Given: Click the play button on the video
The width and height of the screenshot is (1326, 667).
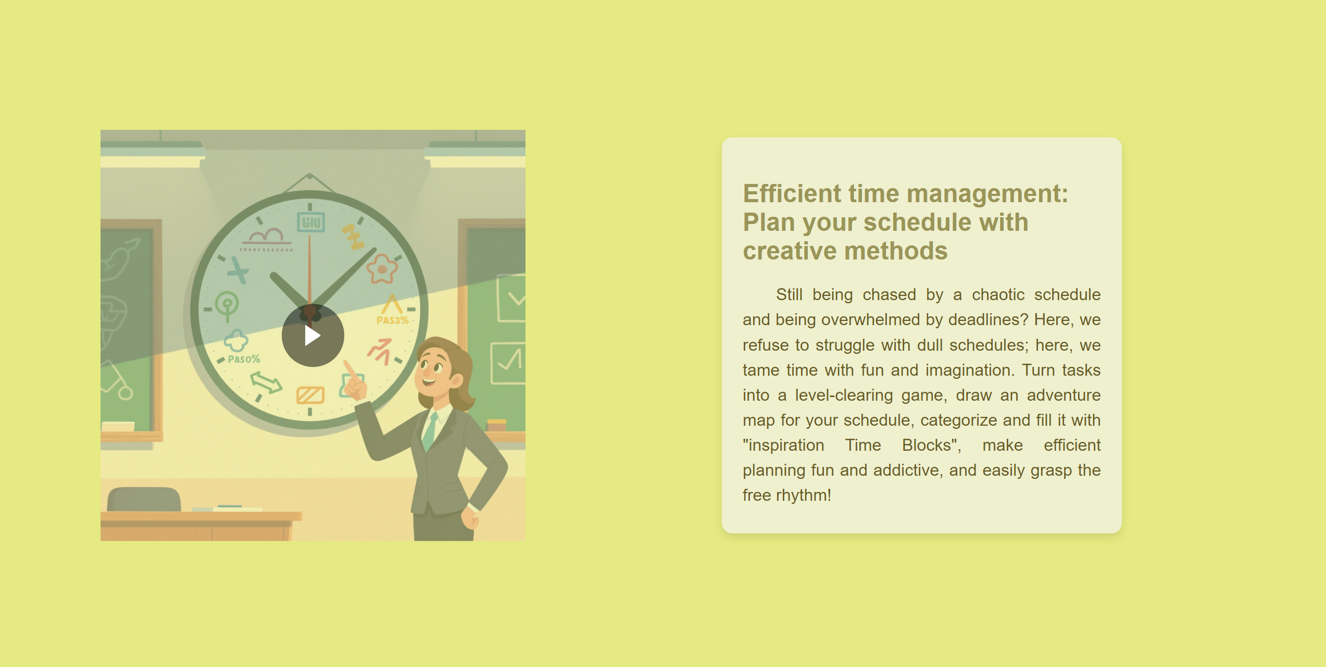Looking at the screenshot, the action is [312, 336].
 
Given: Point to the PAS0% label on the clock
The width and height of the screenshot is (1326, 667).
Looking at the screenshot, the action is [244, 359].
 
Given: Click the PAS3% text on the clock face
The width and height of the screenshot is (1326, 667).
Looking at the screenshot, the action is [392, 320].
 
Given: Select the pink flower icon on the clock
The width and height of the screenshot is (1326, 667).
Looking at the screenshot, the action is [382, 268].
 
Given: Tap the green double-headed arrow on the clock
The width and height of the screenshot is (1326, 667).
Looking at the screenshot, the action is [266, 383].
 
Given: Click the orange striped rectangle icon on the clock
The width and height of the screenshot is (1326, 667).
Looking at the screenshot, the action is [310, 395].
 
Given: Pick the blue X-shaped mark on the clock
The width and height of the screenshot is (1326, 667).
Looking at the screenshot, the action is [238, 270].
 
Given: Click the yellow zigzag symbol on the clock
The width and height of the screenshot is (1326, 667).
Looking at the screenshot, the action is [354, 237].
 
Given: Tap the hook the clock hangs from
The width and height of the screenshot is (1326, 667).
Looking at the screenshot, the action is [310, 176].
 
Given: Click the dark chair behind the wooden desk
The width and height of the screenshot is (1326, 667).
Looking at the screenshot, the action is [144, 499].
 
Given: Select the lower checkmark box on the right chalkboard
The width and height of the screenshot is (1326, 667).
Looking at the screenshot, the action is [508, 363].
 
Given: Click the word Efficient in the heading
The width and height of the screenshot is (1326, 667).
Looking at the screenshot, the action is [792, 194].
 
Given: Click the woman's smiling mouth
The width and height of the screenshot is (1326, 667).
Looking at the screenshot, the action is [429, 381].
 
